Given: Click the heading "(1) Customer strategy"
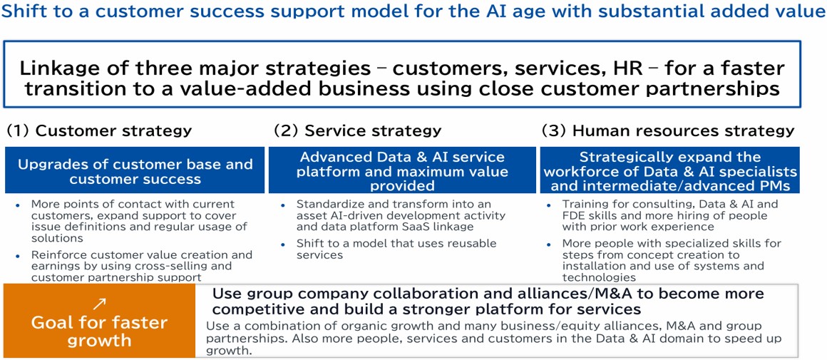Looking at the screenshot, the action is click(x=99, y=130).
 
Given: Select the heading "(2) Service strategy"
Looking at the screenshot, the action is click(x=358, y=130).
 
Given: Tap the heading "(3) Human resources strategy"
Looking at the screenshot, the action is click(x=668, y=130).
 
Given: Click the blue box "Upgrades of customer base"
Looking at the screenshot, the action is click(x=135, y=170).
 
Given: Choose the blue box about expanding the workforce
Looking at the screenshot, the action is click(x=670, y=170).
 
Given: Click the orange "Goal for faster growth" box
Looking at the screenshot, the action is click(x=99, y=321).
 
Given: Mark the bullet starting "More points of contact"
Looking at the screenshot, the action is click(x=134, y=221).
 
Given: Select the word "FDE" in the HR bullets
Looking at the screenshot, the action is click(x=572, y=215).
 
